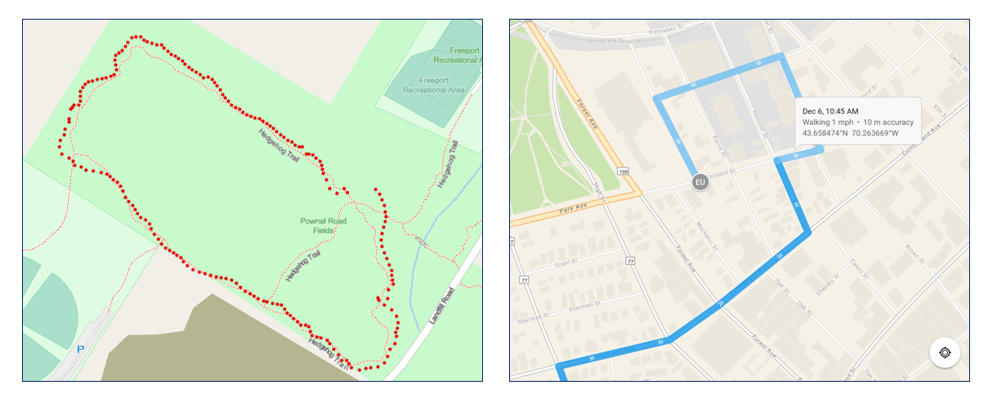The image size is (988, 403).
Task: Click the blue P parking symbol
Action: point(80,349)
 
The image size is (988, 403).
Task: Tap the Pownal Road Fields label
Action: point(324,226)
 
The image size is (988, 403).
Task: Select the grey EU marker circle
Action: point(700,182)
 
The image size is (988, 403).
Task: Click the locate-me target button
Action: point(945,352)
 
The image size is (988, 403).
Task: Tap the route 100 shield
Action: point(624,172)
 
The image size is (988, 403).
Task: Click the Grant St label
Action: point(566,263)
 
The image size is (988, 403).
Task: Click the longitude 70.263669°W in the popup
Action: point(886,133)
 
